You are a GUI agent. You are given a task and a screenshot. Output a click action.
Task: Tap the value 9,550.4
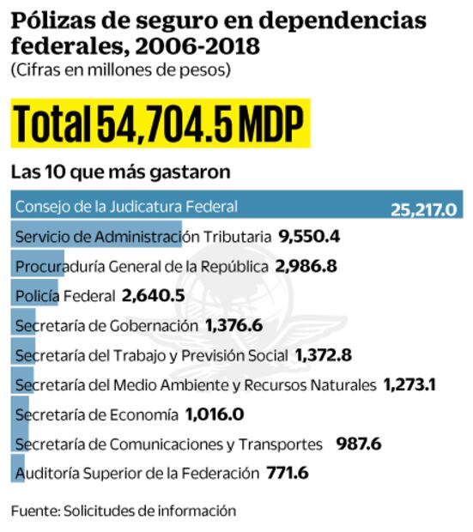tap(310, 236)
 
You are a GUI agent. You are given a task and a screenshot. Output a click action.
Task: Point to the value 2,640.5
tap(153, 295)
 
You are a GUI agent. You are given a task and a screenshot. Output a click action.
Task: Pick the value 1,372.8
tap(323, 354)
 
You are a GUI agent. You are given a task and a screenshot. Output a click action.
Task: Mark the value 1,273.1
tap(409, 384)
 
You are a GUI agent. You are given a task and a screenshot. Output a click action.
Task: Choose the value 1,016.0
tap(215, 414)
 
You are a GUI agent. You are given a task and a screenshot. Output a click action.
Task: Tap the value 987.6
tap(358, 444)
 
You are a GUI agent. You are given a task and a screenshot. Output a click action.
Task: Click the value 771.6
tap(288, 473)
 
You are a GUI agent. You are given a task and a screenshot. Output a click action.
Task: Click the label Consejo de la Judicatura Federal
tap(126, 207)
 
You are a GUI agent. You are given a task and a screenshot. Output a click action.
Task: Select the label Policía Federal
tap(65, 296)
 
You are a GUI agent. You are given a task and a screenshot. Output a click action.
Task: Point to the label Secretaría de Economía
tap(95, 414)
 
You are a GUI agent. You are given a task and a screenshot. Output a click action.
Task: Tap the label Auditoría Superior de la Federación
tap(136, 473)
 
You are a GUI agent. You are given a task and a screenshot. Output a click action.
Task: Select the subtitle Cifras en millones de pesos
tap(121, 70)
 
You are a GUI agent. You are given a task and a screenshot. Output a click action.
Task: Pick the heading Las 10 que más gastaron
tap(120, 172)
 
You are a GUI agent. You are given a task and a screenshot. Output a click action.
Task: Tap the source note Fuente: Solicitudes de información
tap(123, 511)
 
